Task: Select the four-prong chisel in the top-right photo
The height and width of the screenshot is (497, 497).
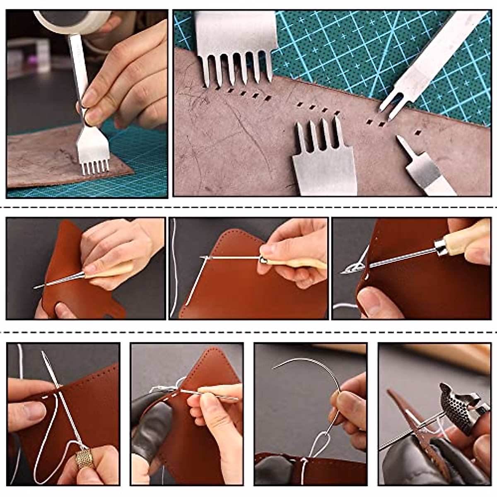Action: [323, 162]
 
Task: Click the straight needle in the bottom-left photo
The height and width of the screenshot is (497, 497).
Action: [62, 398]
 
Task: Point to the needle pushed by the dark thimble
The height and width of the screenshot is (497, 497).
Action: [406, 435]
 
